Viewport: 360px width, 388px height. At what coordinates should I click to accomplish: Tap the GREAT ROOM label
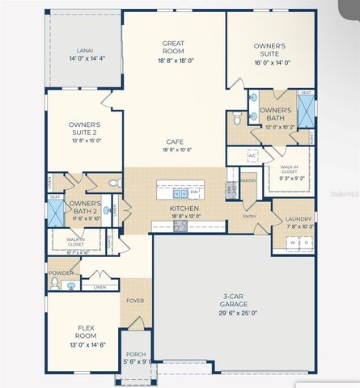175,44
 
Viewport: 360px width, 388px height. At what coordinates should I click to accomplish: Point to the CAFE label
175,141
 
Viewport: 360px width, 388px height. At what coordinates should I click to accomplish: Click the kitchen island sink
178,193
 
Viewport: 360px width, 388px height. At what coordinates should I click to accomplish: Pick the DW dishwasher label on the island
195,192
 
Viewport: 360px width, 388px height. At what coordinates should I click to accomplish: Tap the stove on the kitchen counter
180,226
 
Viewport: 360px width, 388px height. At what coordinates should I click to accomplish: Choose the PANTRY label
248,180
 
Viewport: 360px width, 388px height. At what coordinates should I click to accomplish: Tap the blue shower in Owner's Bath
305,113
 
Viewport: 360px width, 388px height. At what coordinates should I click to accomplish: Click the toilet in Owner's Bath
237,120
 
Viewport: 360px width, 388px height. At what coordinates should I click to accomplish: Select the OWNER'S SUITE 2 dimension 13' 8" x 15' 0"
84,140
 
